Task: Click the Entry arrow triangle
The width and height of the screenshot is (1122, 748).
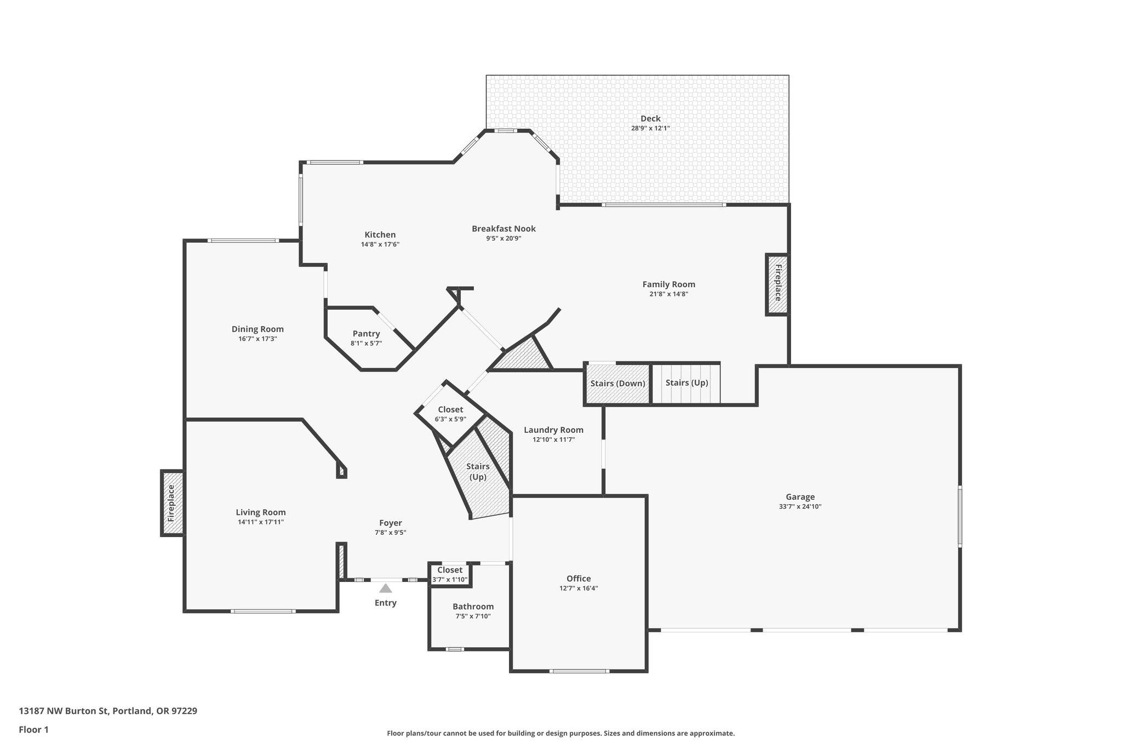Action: click(x=386, y=589)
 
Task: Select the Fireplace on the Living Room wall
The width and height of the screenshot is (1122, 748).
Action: click(x=172, y=503)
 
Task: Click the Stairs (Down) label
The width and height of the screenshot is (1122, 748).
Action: click(x=617, y=383)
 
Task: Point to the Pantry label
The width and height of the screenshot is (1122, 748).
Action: click(x=366, y=334)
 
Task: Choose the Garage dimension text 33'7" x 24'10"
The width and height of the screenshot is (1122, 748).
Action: click(x=800, y=506)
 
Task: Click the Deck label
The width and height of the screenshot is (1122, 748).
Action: click(x=650, y=118)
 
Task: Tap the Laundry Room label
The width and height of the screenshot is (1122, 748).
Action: click(x=553, y=430)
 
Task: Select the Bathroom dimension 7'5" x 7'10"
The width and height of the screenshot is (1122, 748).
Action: click(x=473, y=616)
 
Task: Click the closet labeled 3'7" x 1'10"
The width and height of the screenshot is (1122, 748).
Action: click(x=450, y=574)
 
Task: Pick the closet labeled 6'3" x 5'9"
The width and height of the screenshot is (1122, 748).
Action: click(x=450, y=414)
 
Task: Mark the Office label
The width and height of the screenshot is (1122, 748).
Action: click(x=579, y=579)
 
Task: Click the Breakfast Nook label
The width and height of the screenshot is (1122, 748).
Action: click(x=503, y=229)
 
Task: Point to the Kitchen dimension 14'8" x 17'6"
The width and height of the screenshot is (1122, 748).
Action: click(x=380, y=244)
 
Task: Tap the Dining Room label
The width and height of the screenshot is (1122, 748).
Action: click(x=257, y=329)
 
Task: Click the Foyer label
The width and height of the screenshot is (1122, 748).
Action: click(x=390, y=523)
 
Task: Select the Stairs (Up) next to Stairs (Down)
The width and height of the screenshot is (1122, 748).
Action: click(x=686, y=382)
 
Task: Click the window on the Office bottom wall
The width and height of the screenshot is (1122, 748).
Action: click(x=580, y=671)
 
